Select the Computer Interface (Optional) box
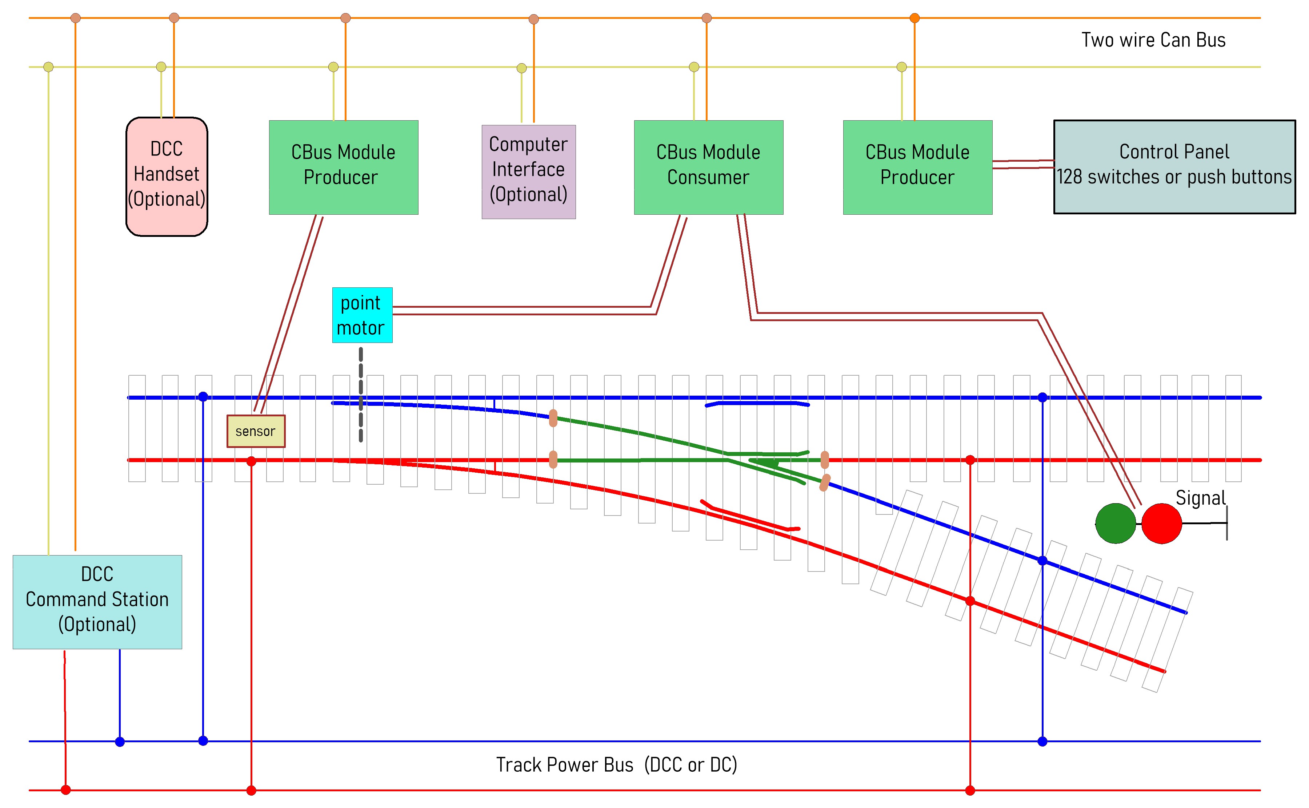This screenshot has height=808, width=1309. point(528,171)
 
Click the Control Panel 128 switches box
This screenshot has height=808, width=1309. point(1174,167)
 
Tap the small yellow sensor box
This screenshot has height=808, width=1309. point(256,431)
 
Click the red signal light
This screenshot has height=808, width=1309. point(1161,523)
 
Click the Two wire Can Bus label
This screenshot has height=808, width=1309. point(1153,40)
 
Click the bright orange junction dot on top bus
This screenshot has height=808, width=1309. point(914,18)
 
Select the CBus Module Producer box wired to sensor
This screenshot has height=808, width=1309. point(343,167)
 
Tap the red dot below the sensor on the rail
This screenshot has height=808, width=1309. point(251,461)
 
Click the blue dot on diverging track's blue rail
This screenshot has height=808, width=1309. point(1042,561)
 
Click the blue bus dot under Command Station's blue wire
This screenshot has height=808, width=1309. point(120,741)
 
